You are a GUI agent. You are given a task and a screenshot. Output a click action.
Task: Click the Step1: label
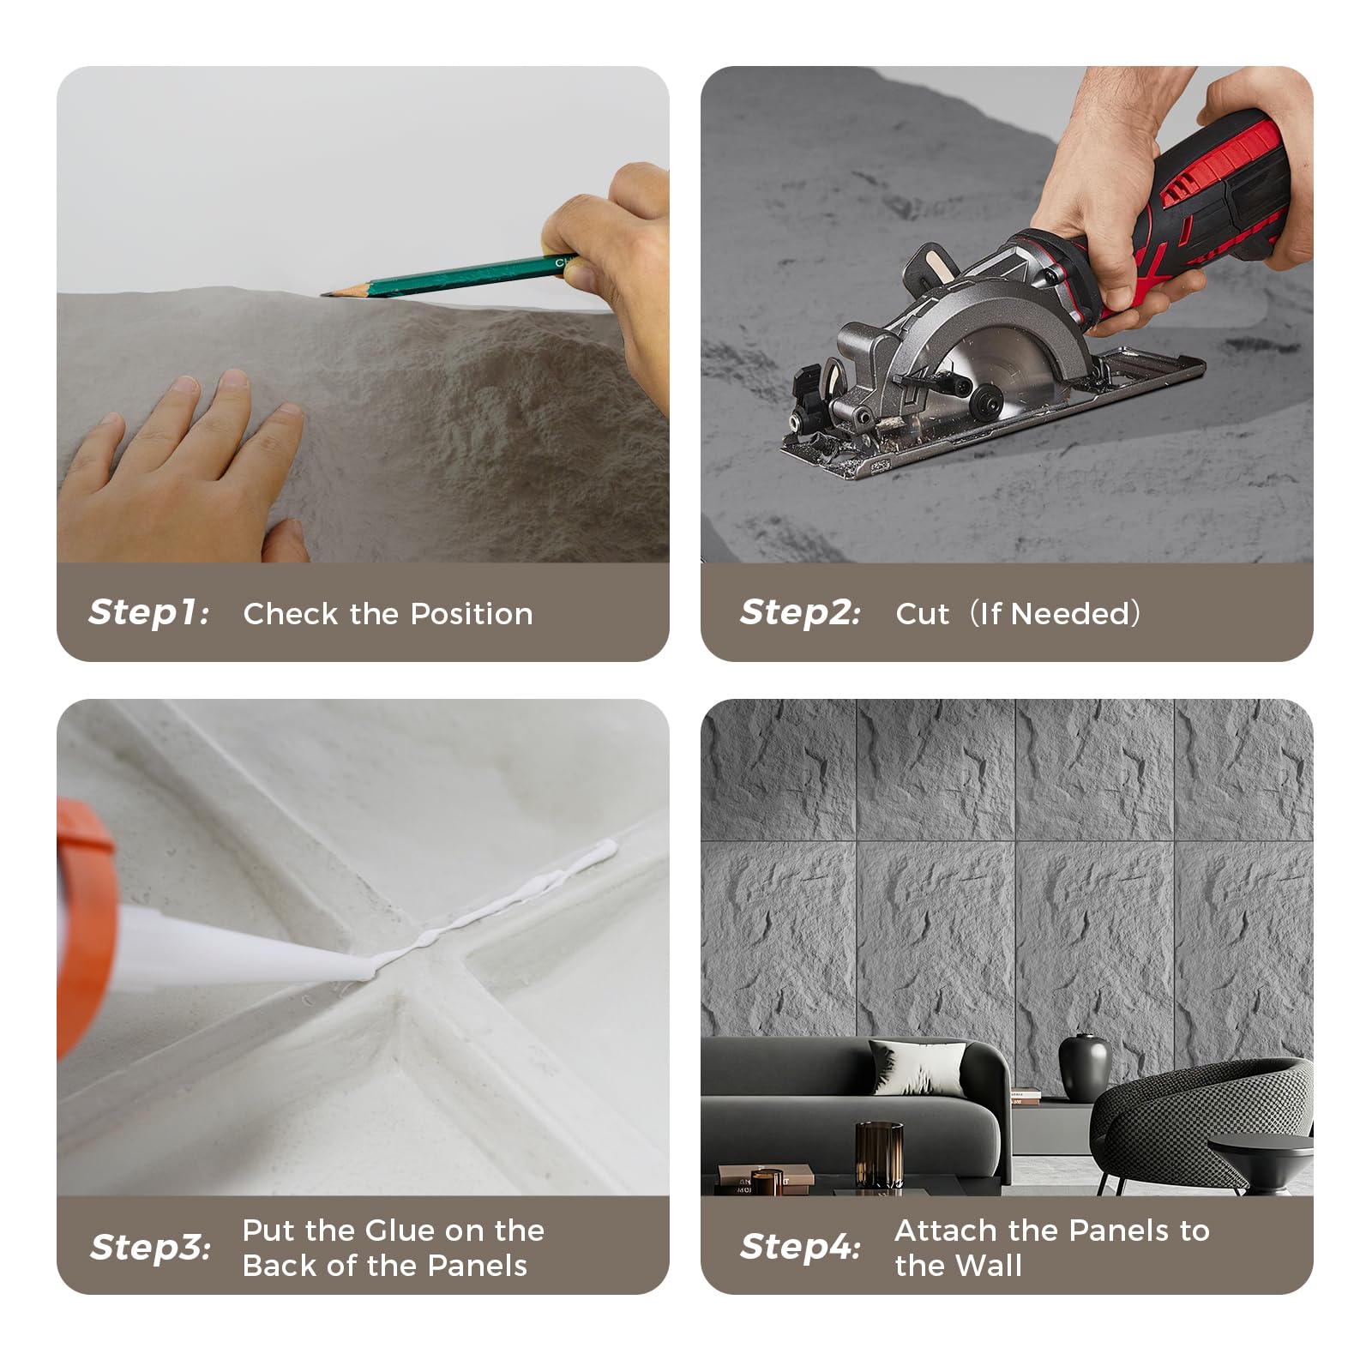(x=148, y=612)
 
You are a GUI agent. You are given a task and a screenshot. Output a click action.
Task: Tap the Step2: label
(x=800, y=612)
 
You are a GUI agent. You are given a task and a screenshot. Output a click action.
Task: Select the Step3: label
(x=150, y=1247)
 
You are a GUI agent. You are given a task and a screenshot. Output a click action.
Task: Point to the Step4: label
(x=800, y=1247)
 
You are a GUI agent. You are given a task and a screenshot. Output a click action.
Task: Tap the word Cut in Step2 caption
(x=922, y=614)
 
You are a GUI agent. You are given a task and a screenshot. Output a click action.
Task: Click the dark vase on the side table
(x=1084, y=1067)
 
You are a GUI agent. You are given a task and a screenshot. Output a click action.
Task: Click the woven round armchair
(x=1200, y=1123)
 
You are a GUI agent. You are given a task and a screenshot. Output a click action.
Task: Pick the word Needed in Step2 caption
(x=1077, y=614)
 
